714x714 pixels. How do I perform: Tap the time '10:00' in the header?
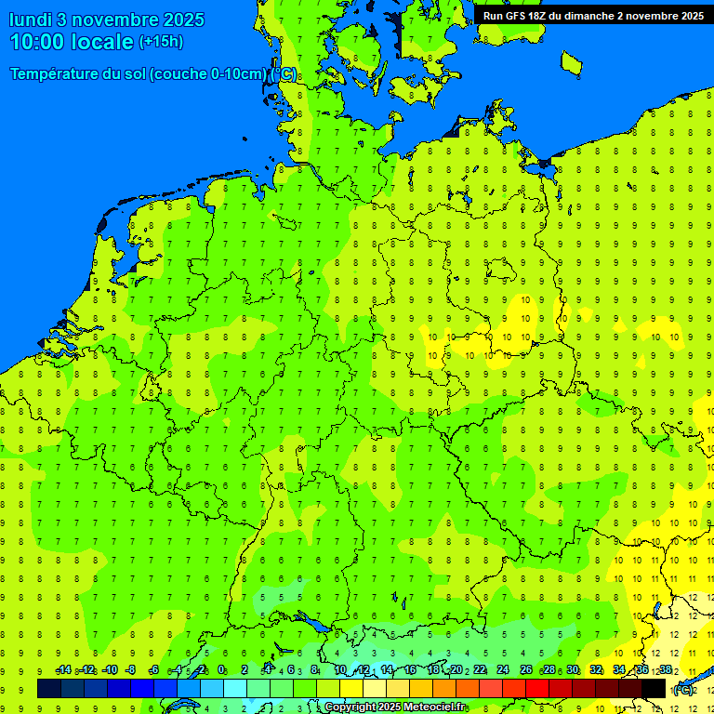point(39,42)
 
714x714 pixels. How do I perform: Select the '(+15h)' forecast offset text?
point(161,42)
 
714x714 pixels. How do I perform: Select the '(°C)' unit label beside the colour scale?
point(683,689)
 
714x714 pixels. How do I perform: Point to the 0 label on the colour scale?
point(222,670)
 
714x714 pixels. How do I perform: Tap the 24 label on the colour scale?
point(503,670)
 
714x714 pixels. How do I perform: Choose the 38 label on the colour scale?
point(666,670)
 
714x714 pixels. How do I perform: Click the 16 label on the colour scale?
point(410,670)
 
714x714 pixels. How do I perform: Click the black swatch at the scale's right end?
point(654,688)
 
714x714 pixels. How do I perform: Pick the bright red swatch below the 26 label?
point(537,688)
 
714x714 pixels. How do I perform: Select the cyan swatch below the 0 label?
point(234,688)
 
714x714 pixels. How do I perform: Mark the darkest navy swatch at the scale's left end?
point(49,688)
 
